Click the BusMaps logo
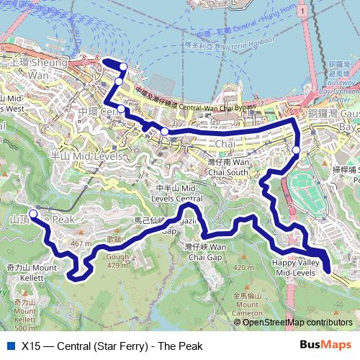(x=325, y=345)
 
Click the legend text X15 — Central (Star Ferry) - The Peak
(x=112, y=346)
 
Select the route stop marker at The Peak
(x=33, y=214)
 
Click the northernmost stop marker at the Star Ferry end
(x=123, y=67)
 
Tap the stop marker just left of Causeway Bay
(x=296, y=150)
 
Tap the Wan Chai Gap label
(x=204, y=251)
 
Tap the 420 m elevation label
(x=244, y=268)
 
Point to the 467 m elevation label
(x=80, y=244)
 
